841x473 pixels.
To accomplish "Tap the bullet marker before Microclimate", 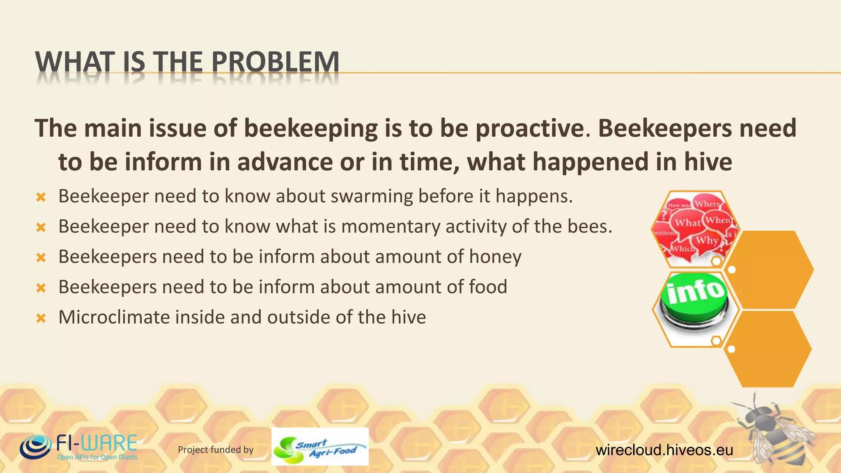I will point(41,318).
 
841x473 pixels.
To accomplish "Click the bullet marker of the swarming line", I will point(41,197).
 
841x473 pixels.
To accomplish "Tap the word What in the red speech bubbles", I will point(687,223).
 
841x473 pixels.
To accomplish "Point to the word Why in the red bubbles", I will point(707,240).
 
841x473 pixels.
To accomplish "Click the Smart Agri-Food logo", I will point(320,447).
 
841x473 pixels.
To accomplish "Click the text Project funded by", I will point(216,450).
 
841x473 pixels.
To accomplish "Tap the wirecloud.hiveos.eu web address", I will point(664,450).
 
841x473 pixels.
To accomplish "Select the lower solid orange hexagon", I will point(767,349).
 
